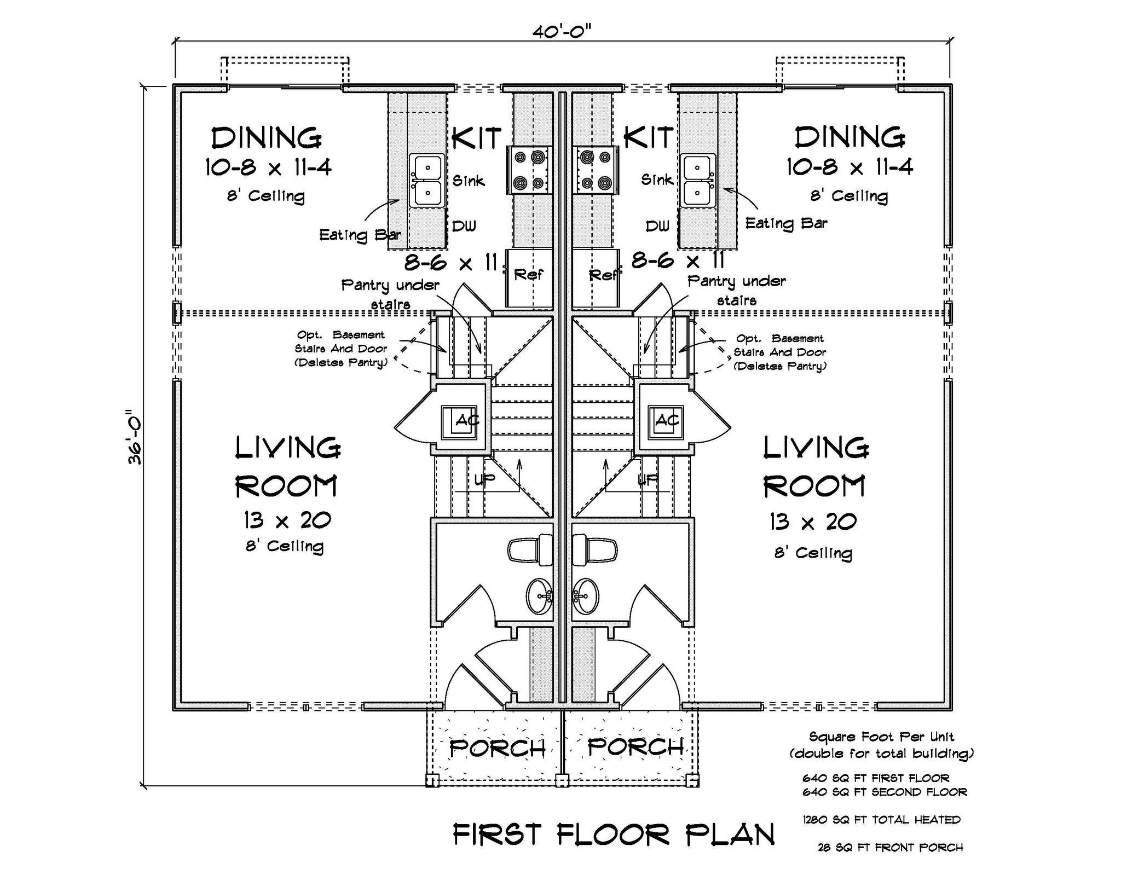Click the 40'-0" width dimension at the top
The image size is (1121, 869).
tap(562, 32)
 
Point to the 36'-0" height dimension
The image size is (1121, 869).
tap(135, 437)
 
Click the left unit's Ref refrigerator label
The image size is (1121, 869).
tap(528, 274)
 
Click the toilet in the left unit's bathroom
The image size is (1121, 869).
tap(530, 549)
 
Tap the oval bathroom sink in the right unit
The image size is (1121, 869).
tap(585, 595)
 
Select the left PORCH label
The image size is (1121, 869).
tap(497, 748)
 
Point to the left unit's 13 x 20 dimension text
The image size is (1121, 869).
tap(287, 520)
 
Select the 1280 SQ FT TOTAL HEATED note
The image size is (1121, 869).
tap(881, 820)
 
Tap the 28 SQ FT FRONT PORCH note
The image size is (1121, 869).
tap(891, 848)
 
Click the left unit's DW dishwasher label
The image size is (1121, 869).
tap(464, 225)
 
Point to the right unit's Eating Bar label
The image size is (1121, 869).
tap(786, 223)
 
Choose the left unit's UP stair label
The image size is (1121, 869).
tap(484, 480)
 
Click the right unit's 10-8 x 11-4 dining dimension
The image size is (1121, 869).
tap(850, 166)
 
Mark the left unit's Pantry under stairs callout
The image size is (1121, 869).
tap(390, 294)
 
